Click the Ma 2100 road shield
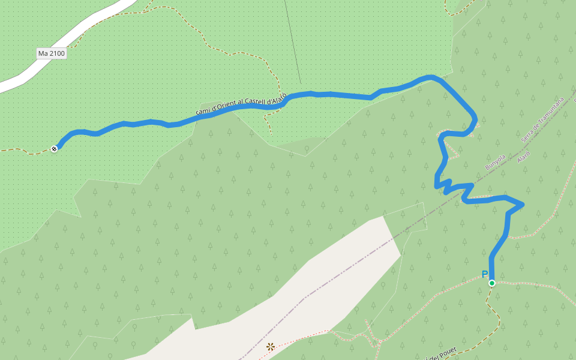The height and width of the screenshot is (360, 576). (51, 53)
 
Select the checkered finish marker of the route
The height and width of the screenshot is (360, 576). (54, 148)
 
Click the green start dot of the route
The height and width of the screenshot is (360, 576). (491, 283)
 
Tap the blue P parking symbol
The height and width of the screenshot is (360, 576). (484, 275)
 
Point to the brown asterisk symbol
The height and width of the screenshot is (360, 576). (271, 346)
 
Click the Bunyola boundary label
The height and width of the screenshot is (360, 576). (496, 161)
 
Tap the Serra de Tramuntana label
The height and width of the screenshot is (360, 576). (543, 119)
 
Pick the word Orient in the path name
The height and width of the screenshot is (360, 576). (221, 107)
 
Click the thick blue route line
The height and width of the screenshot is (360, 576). (336, 95)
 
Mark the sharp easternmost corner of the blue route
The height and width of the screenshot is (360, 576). (523, 205)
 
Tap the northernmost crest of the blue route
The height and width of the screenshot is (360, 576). (430, 77)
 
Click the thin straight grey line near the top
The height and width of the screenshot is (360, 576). (292, 42)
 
